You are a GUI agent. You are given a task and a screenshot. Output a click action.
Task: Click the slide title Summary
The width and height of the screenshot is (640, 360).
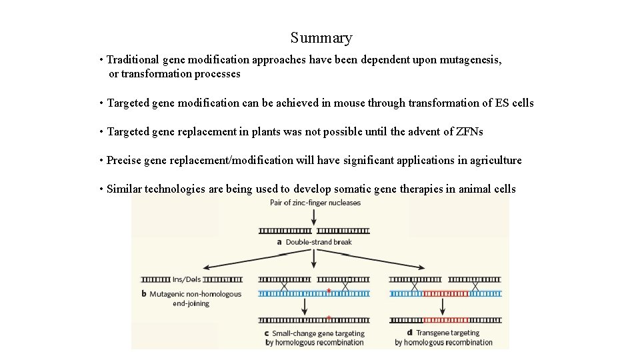click(x=321, y=38)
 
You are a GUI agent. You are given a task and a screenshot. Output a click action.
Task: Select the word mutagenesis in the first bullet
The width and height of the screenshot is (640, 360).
click(x=468, y=60)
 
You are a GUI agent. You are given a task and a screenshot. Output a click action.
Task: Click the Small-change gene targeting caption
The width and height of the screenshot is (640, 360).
click(x=314, y=337)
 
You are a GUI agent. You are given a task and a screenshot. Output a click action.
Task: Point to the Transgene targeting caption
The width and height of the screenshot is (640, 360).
click(x=443, y=337)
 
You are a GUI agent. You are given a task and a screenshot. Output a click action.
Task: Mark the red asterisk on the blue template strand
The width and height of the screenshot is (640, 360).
click(x=329, y=291)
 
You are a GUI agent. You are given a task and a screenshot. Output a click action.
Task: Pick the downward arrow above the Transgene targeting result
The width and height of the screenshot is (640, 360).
click(x=443, y=307)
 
